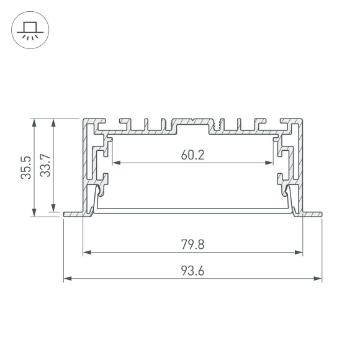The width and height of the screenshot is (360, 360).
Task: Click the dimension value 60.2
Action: click(192, 155)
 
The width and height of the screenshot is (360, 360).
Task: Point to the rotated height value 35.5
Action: click(25, 167)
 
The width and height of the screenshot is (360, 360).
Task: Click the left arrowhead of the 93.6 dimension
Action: click(67, 279)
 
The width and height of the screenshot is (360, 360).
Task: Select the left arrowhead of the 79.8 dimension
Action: click(86, 253)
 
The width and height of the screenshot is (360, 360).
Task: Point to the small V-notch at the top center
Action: click(193, 120)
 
